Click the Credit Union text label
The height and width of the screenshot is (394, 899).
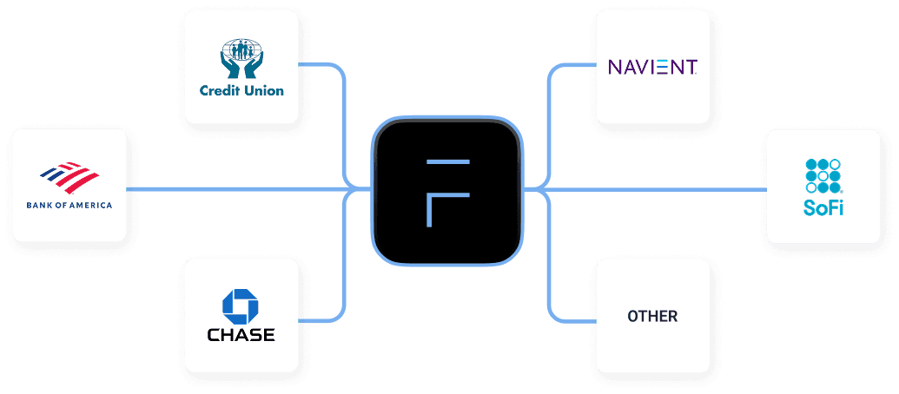pyautogui.click(x=241, y=89)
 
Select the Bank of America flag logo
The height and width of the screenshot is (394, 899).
pyautogui.click(x=70, y=176)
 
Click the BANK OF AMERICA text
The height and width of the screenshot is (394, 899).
pyautogui.click(x=69, y=206)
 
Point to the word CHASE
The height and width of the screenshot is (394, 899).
pyautogui.click(x=241, y=334)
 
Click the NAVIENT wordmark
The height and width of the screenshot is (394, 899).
pyautogui.click(x=652, y=67)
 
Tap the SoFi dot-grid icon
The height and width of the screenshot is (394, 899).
pyautogui.click(x=823, y=175)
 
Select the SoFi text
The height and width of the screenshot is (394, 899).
pyautogui.click(x=823, y=208)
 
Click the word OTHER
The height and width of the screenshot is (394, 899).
pyautogui.click(x=652, y=317)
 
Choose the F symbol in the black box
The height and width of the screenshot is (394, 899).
pyautogui.click(x=446, y=192)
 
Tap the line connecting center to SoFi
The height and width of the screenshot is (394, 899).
pyautogui.click(x=651, y=187)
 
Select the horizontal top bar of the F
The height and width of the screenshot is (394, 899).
pyautogui.click(x=446, y=162)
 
